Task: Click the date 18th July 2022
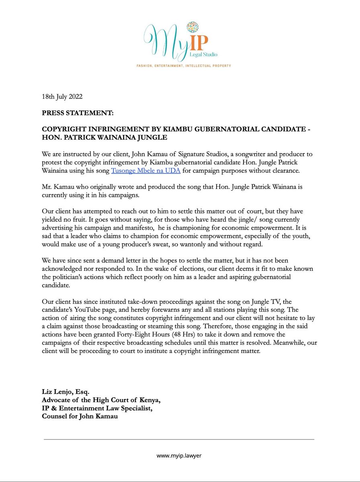tap(62, 97)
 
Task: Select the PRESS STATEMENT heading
tap(78, 113)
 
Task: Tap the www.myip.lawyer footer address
tap(180, 456)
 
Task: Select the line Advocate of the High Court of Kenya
tap(104, 400)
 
